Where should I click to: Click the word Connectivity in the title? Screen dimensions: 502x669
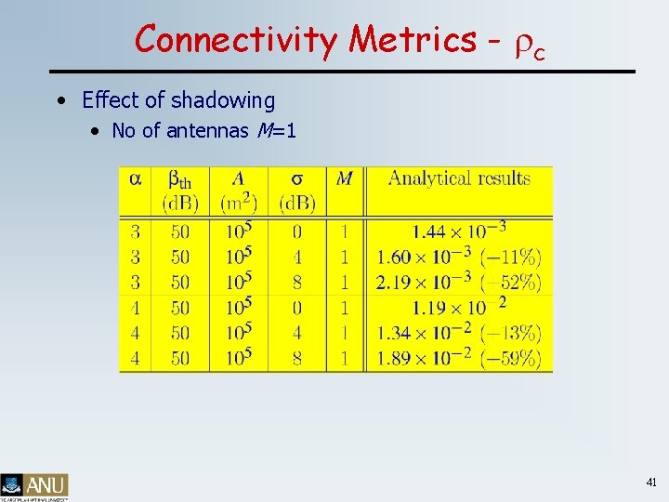(x=237, y=40)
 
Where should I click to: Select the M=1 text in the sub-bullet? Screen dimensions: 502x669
(x=274, y=131)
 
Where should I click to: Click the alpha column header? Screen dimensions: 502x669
(x=136, y=178)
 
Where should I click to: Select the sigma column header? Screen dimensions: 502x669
(x=297, y=178)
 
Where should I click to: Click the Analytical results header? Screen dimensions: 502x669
(x=459, y=178)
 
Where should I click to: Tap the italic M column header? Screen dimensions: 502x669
(x=344, y=178)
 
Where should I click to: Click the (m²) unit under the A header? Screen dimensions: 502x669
(x=239, y=202)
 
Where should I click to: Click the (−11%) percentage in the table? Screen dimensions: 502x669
(x=511, y=258)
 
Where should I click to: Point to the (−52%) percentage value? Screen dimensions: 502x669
(x=511, y=283)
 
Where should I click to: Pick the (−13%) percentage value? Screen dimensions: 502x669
(x=511, y=333)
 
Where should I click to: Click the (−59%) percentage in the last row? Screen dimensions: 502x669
(x=511, y=358)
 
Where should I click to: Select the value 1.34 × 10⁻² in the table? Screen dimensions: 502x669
(x=424, y=333)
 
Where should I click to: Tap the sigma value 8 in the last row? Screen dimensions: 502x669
(x=297, y=358)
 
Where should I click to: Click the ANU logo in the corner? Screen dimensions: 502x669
(x=34, y=486)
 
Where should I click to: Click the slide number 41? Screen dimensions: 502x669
(x=650, y=482)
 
